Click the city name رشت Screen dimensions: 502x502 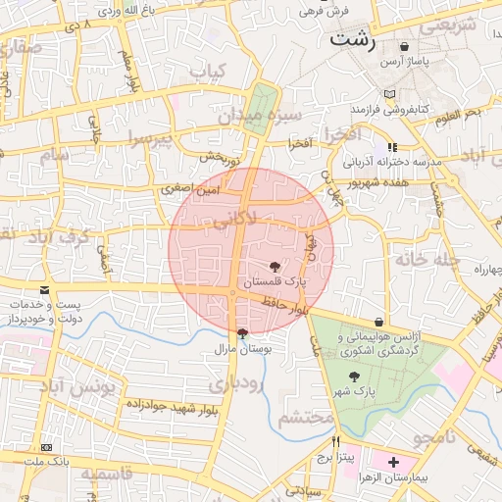(352, 40)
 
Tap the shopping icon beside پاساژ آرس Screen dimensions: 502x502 (404, 46)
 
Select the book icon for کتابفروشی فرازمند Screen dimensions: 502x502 (392, 95)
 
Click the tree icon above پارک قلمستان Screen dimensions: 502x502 (274, 266)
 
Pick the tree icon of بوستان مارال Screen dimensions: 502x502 (242, 333)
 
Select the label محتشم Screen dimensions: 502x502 (301, 418)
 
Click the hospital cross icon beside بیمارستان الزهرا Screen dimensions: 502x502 (393, 461)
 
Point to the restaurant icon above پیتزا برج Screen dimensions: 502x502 (336, 441)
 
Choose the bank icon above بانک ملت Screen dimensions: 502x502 (46, 447)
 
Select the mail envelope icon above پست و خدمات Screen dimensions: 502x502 (44, 291)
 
